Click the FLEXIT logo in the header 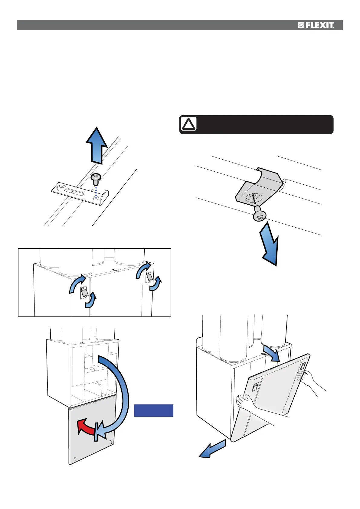point(316,25)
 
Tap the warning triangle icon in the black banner point(188,124)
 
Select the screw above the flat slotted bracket point(96,180)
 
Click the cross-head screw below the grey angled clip point(259,215)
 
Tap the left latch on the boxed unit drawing point(84,293)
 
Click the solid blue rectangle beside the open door point(154,410)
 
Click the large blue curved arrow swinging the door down point(116,393)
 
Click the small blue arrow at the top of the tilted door point(271,352)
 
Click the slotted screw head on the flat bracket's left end point(62,188)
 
